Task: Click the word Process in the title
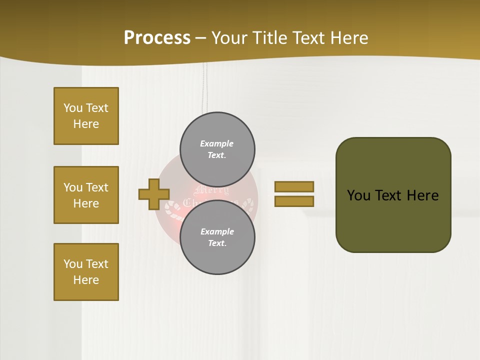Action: click(x=157, y=38)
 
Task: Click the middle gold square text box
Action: click(x=86, y=195)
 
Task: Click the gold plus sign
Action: click(x=153, y=194)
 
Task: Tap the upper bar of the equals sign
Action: click(x=294, y=186)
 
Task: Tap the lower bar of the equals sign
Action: click(x=294, y=201)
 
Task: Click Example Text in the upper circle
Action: click(x=217, y=149)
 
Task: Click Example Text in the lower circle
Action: click(x=217, y=237)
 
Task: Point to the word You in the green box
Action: click(x=359, y=195)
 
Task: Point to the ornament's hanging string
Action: click(x=203, y=90)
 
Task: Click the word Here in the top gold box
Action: click(x=86, y=124)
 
